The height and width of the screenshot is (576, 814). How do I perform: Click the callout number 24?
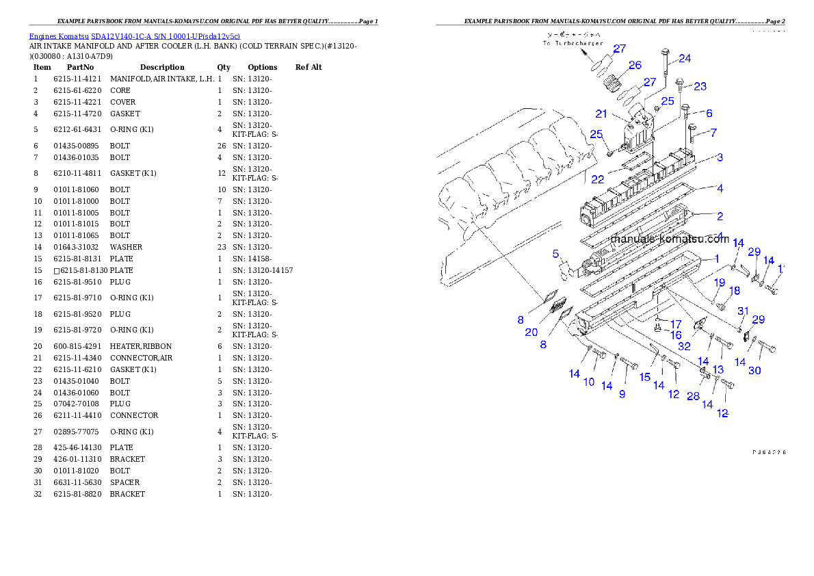click(684, 59)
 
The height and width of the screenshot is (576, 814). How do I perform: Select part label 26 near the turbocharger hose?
click(635, 65)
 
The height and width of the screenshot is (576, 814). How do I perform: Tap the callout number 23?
click(700, 86)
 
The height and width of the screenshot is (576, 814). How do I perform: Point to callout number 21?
click(601, 114)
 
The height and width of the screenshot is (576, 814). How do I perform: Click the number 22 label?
click(597, 179)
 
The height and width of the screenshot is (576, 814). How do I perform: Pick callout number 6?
click(709, 113)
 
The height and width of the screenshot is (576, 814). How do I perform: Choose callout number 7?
click(713, 132)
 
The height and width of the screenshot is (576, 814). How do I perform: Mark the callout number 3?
click(720, 157)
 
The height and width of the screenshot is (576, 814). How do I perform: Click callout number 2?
click(720, 216)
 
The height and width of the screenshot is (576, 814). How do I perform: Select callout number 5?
click(556, 254)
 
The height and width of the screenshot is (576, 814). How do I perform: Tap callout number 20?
click(531, 332)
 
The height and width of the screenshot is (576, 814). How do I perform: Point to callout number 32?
click(684, 346)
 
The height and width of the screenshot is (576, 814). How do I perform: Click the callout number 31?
click(744, 311)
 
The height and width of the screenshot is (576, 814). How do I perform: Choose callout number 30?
click(754, 370)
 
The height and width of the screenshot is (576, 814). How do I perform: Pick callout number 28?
click(693, 396)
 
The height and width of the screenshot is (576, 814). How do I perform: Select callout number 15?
click(644, 377)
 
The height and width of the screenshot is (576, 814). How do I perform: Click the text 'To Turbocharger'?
click(573, 43)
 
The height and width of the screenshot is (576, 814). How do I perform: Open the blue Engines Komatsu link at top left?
click(134, 36)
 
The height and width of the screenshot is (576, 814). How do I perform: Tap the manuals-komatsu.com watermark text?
click(669, 239)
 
